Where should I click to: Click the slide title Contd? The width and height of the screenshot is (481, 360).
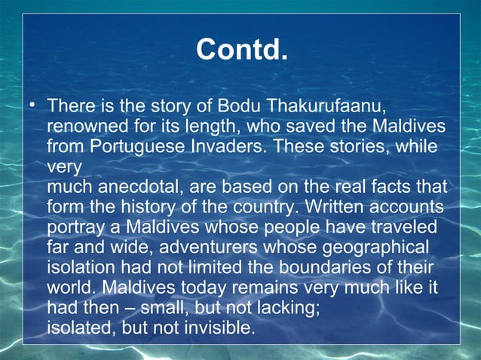(x=242, y=50)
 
